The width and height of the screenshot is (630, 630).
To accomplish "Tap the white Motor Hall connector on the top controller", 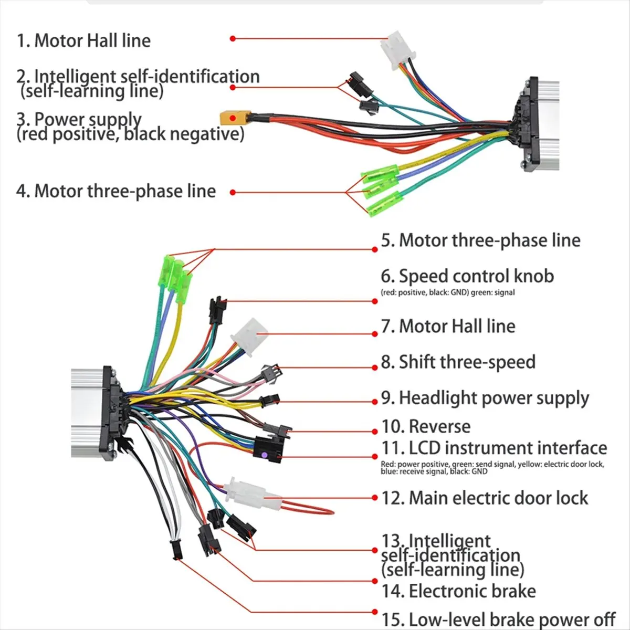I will click(398, 50).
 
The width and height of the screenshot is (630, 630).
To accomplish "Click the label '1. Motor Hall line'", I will click(83, 40).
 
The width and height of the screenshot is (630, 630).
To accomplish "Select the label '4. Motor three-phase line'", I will click(116, 191).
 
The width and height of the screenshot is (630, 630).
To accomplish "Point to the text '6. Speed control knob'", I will click(467, 276).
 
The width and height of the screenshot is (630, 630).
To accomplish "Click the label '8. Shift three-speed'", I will click(458, 362).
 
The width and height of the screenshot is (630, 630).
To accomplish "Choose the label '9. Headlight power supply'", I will click(485, 398).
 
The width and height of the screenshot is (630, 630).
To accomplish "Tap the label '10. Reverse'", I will click(426, 426).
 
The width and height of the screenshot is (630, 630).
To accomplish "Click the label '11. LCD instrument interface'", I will click(494, 448).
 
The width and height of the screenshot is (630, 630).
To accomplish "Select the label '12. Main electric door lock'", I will click(485, 498).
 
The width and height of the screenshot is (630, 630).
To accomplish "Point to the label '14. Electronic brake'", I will click(458, 591).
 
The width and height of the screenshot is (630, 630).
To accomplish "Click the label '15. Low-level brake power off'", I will click(498, 619).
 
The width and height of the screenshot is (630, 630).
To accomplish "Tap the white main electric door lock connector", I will click(247, 493).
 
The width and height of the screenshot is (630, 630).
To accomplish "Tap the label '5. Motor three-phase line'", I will click(480, 240).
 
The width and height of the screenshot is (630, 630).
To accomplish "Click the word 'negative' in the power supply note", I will click(200, 134).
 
